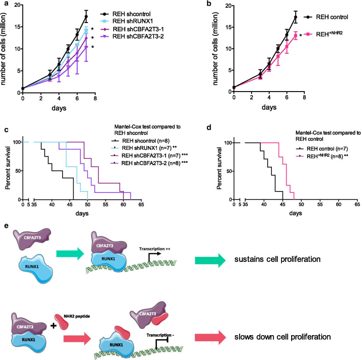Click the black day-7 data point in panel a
(x=86, y=17)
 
